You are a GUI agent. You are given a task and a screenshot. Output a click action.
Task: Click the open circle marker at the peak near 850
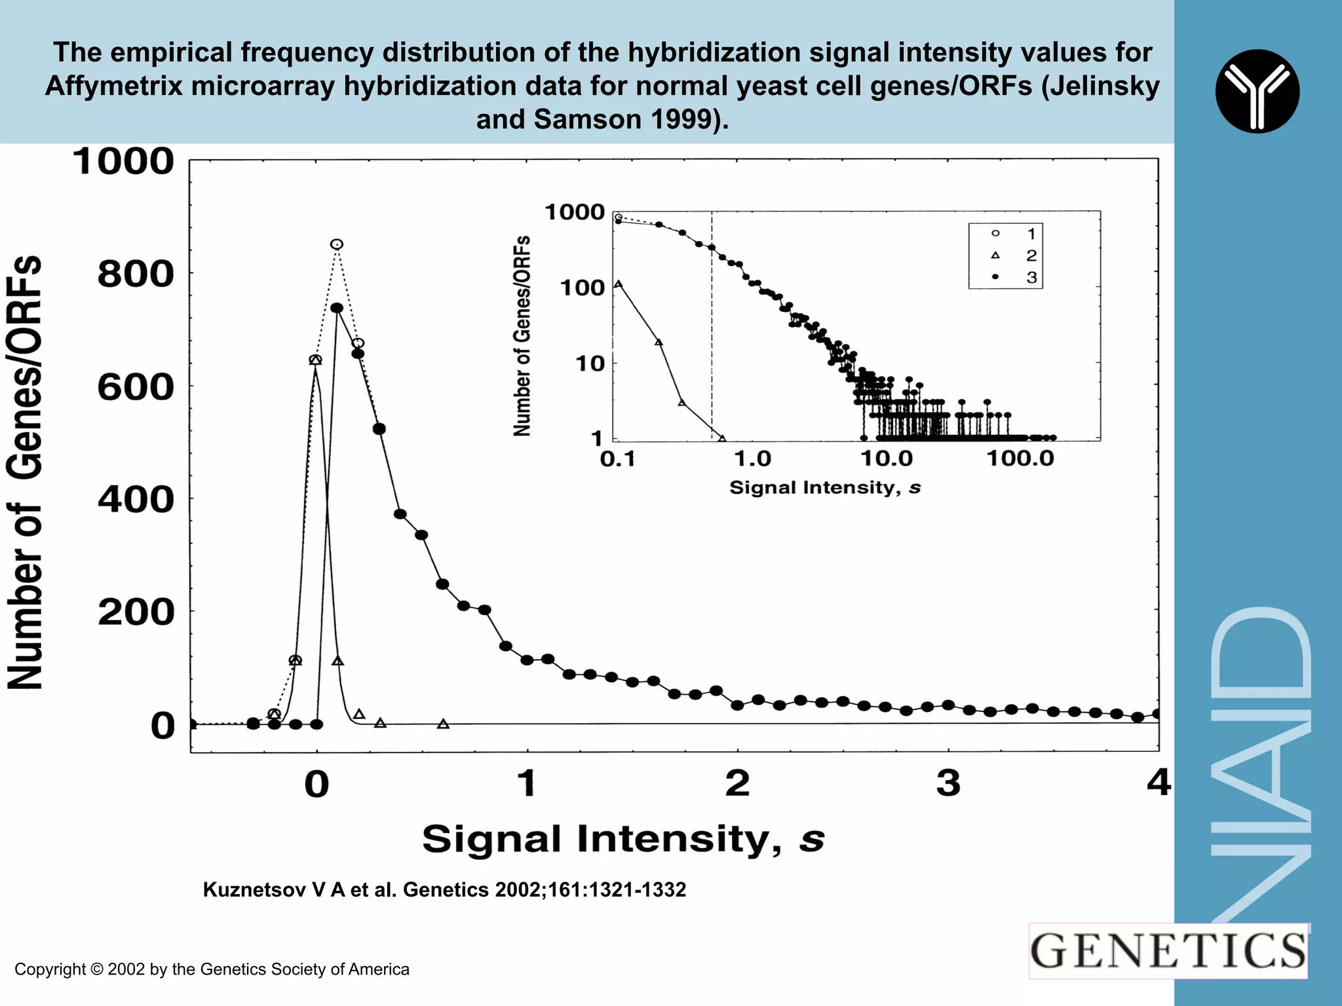coord(336,244)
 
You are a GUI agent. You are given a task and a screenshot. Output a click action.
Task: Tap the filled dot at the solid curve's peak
coord(337,308)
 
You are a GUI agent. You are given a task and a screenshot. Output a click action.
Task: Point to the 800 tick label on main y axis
coord(136,274)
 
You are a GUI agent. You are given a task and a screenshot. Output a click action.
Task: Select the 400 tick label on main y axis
coord(136,500)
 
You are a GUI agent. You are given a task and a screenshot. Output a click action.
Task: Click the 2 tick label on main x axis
coord(738,783)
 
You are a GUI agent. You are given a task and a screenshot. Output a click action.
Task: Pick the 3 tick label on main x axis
coord(948,783)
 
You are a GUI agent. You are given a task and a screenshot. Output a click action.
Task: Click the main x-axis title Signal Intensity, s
coord(623,839)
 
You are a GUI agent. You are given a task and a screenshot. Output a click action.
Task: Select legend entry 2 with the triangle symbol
coord(1012,255)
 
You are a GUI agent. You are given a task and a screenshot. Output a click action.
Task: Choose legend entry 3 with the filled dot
coord(1012,277)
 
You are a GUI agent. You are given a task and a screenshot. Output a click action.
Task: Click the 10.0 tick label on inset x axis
coord(886,458)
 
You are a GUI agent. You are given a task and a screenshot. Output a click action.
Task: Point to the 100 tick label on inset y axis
coord(582,288)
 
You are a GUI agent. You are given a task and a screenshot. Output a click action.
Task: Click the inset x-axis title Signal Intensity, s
coord(825,487)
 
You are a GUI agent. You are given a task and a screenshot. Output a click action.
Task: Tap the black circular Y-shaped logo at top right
coord(1257,91)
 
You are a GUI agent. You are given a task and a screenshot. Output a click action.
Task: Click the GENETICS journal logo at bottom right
coord(1168,951)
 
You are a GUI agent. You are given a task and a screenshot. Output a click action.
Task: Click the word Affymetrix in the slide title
coord(113,86)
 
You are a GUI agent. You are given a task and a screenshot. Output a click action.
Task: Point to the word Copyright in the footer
coord(50,969)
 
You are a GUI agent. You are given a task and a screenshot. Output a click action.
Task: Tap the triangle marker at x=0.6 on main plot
coord(443,724)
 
